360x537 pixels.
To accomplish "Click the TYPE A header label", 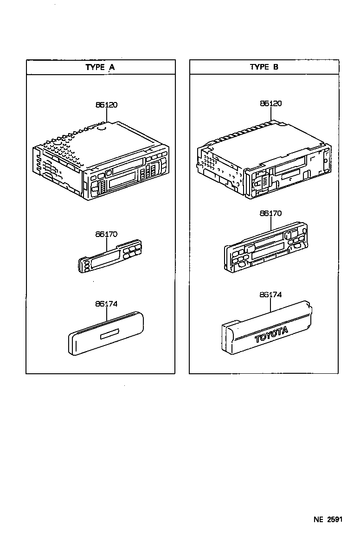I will click(100, 67).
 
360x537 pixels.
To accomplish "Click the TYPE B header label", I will click(264, 67).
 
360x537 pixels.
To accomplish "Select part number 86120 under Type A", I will click(106, 105).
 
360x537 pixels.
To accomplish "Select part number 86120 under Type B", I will click(270, 104).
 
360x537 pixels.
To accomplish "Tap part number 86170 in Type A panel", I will click(106, 235).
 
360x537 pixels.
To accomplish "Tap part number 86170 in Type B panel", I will click(270, 214).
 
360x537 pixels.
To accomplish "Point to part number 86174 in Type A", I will click(106, 304).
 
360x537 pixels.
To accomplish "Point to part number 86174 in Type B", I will click(270, 294).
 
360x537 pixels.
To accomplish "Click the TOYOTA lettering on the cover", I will click(271, 334).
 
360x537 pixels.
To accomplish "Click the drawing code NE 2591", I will click(328, 519).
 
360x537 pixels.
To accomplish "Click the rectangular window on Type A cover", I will click(110, 334).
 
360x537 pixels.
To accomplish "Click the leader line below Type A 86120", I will click(106, 116).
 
